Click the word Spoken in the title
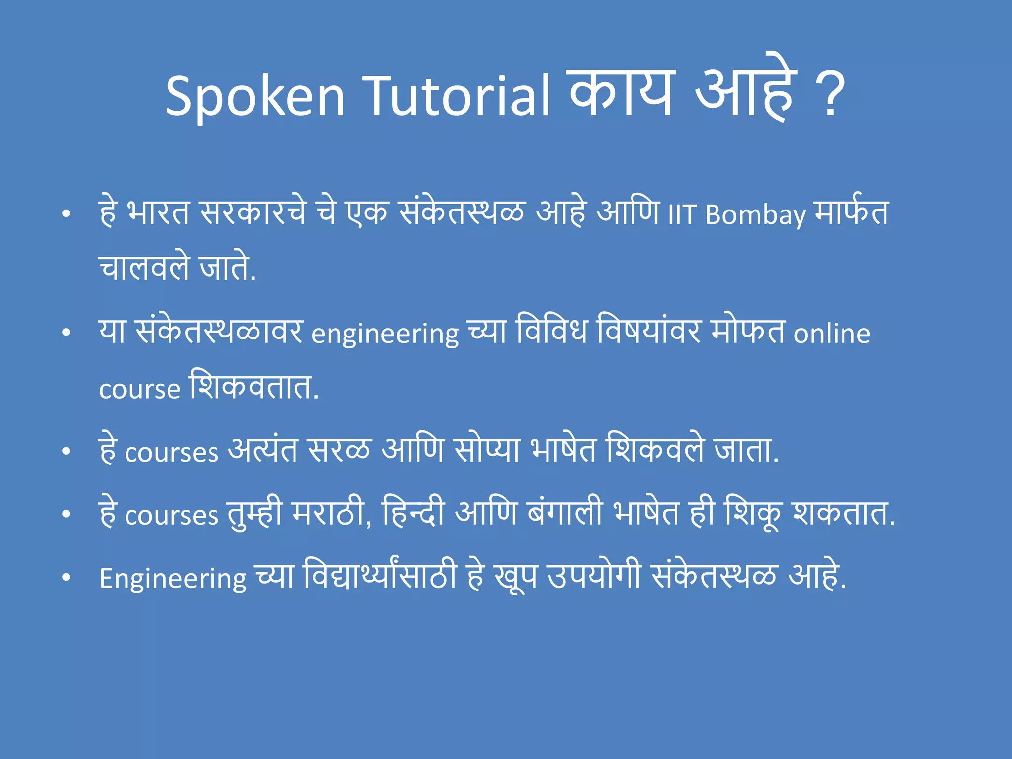click(x=255, y=96)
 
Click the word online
click(x=832, y=334)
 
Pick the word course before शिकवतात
click(x=140, y=389)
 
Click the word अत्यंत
click(x=263, y=451)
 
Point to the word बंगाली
click(x=565, y=513)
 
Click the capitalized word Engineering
click(x=173, y=578)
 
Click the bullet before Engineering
click(x=66, y=578)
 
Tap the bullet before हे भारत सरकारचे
click(x=66, y=214)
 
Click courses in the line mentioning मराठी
click(x=171, y=516)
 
